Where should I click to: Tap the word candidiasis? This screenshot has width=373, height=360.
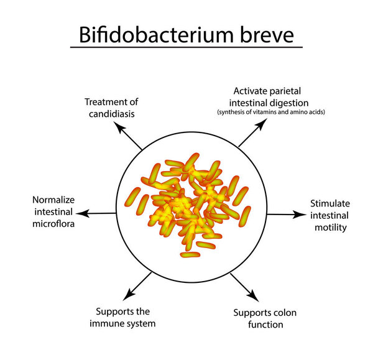coord(111,114)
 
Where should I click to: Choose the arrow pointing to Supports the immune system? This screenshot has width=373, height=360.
coord(137,285)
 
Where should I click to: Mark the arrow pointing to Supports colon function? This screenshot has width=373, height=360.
coord(243,286)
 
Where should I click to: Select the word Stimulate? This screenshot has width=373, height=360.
coord(330,204)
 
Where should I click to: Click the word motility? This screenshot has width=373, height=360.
coord(331,227)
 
